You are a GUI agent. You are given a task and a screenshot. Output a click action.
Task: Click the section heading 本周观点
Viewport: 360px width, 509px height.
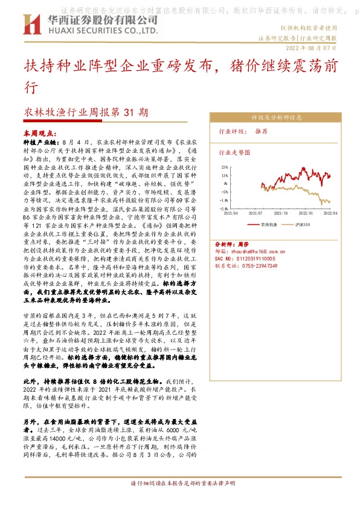[37, 131]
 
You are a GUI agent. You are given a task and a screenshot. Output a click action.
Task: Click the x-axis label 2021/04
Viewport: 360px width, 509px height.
[231, 213]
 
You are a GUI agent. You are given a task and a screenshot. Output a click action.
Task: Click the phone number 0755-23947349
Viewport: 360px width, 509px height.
[250, 266]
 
